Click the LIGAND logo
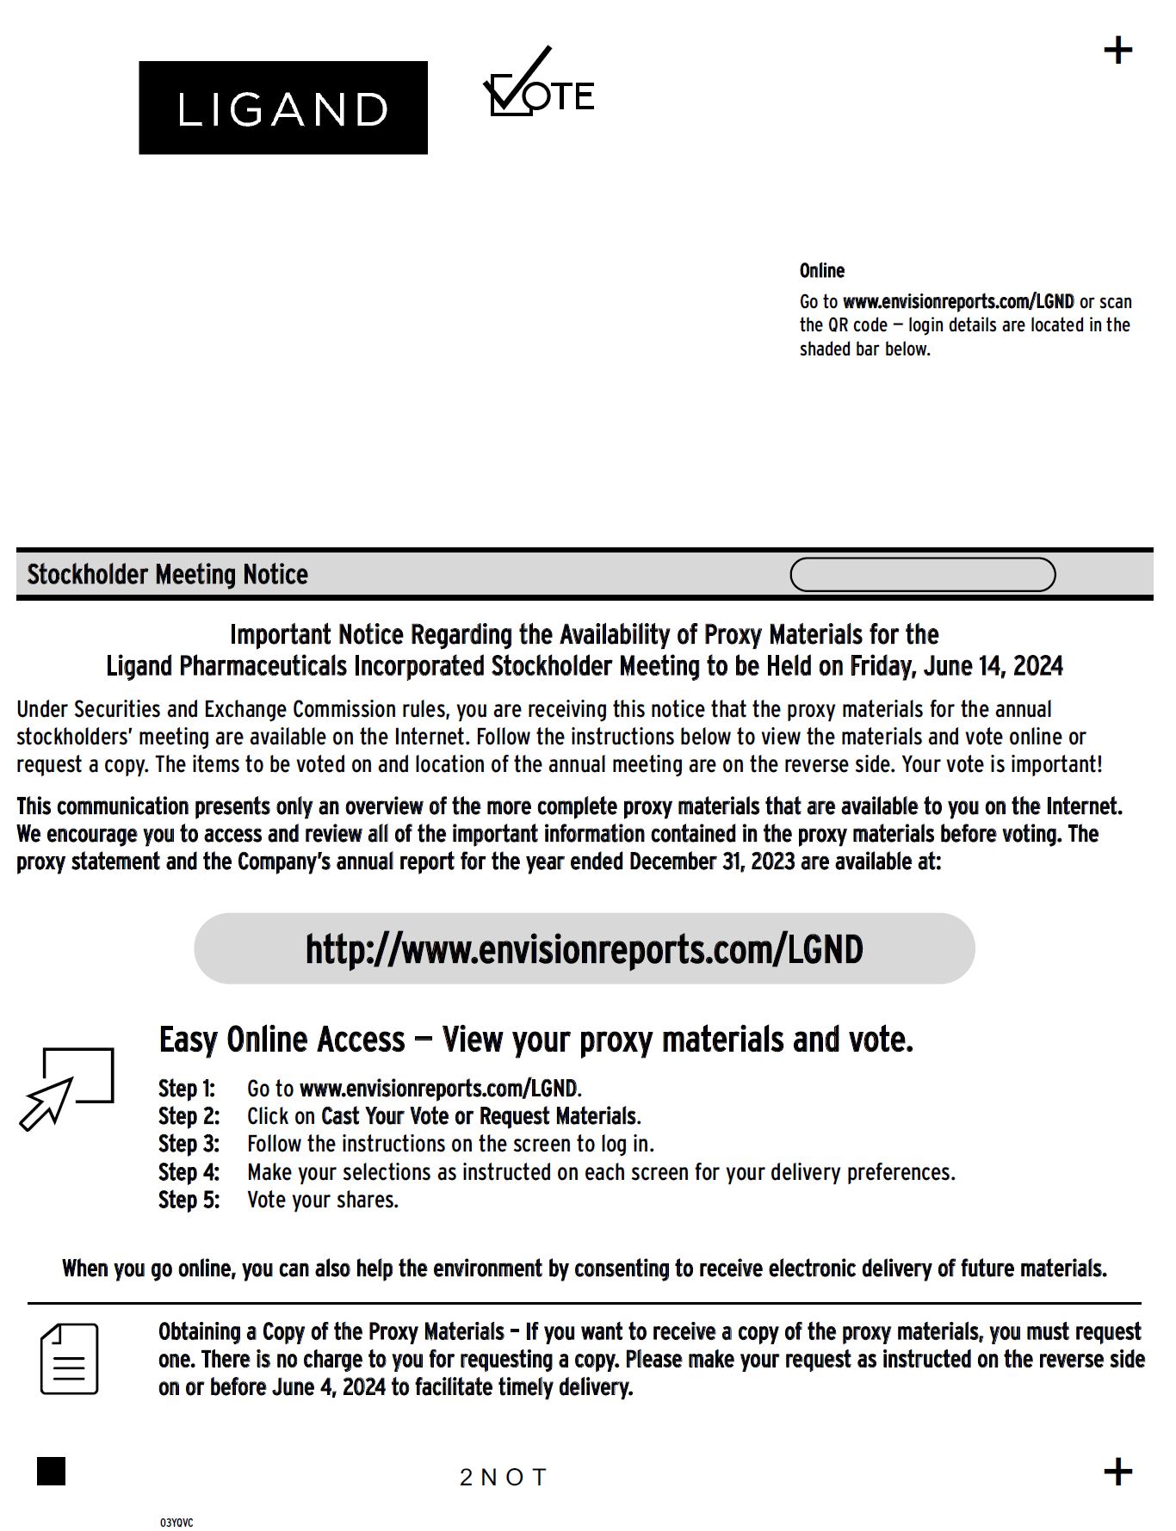point(282,108)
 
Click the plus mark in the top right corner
point(1117,51)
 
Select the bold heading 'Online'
point(821,271)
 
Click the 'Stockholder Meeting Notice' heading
point(167,574)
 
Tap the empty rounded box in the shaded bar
point(922,575)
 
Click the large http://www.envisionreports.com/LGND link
point(584,949)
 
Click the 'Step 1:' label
point(186,1089)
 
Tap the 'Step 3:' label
point(189,1144)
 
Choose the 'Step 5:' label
point(189,1200)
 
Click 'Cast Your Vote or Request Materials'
point(480,1116)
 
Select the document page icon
point(69,1359)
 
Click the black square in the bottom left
point(52,1471)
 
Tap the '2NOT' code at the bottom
point(504,1478)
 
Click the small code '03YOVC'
point(176,1522)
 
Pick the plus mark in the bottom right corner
point(1117,1472)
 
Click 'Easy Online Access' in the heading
point(282,1040)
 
